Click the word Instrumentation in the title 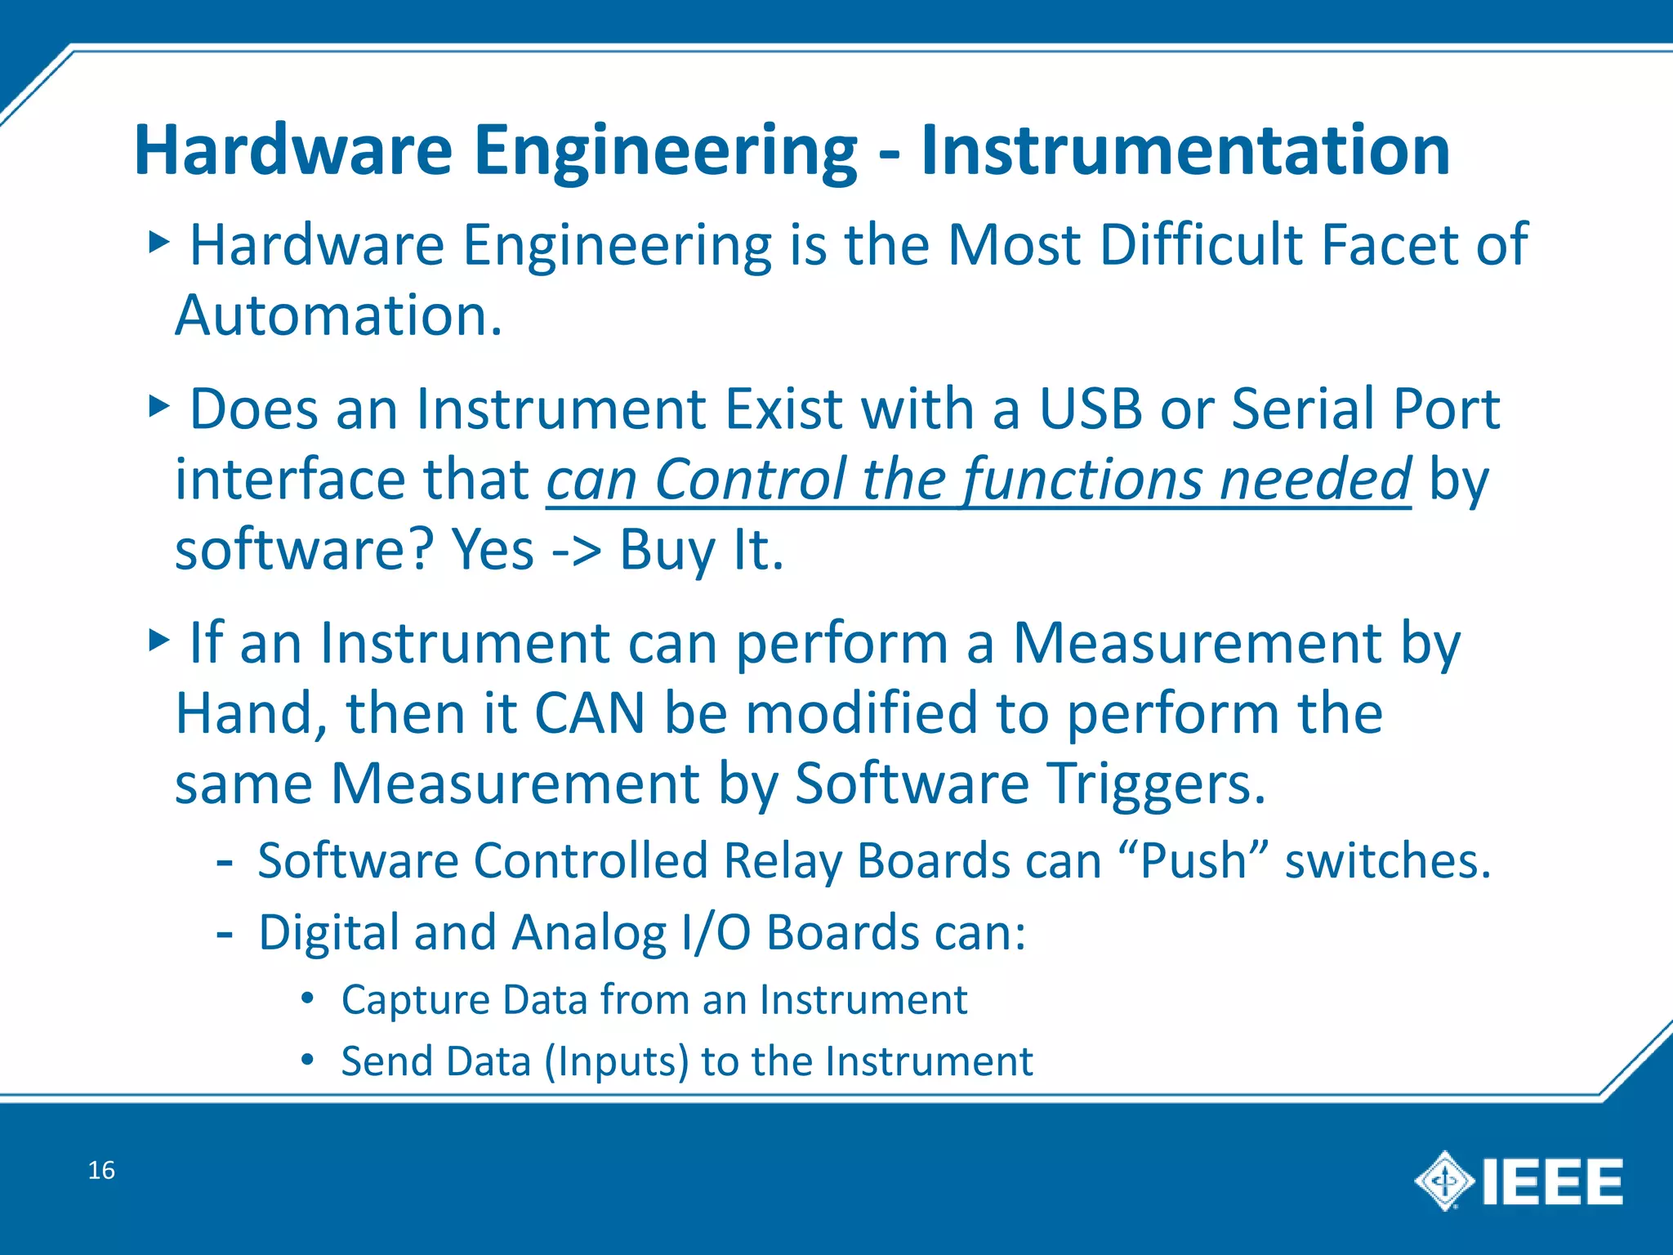pyautogui.click(x=1184, y=150)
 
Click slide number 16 pyautogui.click(x=101, y=1170)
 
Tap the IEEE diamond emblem pyautogui.click(x=1444, y=1181)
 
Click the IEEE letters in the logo pyautogui.click(x=1552, y=1181)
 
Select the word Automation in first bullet pyautogui.click(x=338, y=315)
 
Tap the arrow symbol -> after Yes pyautogui.click(x=577, y=551)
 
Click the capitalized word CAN pyautogui.click(x=590, y=713)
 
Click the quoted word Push pyautogui.click(x=1193, y=861)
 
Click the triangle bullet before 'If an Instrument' pyautogui.click(x=158, y=640)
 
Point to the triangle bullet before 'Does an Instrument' pyautogui.click(x=158, y=405)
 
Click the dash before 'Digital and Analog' pyautogui.click(x=225, y=933)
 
